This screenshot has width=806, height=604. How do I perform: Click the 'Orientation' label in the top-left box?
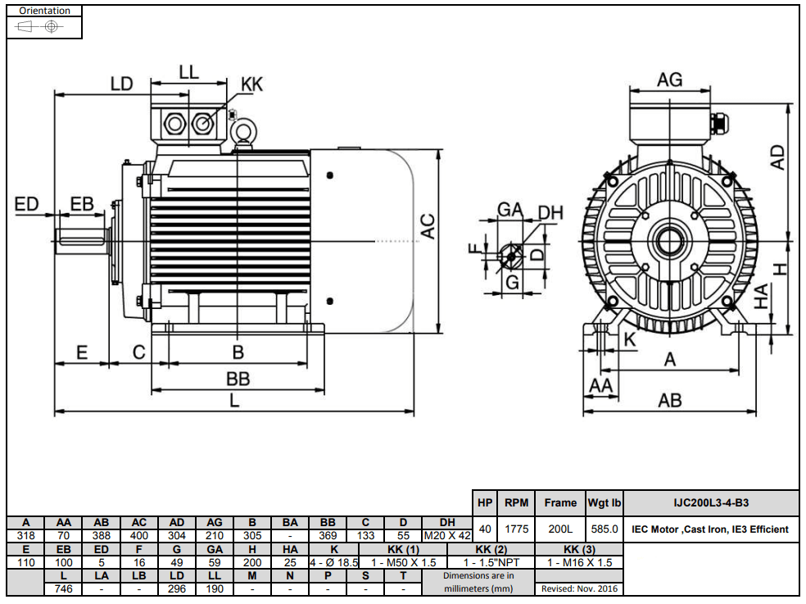coord(44,11)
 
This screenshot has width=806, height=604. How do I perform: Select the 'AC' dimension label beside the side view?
coord(428,226)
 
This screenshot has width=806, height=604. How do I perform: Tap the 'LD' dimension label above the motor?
coord(122,83)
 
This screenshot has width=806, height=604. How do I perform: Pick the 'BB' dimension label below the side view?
coord(238,379)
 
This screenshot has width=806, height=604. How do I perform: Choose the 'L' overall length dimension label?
coord(234,401)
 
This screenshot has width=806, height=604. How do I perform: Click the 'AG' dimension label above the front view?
coord(669,79)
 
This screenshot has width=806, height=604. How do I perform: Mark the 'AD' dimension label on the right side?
coord(778,157)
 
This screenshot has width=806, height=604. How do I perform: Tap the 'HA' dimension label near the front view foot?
coord(761,297)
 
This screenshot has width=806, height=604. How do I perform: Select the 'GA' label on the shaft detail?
coord(510,210)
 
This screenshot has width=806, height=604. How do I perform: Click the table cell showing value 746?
coord(64,588)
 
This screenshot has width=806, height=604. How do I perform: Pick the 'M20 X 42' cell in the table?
coord(447,535)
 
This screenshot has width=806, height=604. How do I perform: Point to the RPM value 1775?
coord(516,529)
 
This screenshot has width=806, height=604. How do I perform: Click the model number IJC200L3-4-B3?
coord(710,503)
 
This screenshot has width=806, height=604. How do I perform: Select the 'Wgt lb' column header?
coord(604,503)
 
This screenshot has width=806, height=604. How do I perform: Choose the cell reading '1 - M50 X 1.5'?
coord(404,562)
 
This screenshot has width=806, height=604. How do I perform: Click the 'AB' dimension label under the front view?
coord(669,400)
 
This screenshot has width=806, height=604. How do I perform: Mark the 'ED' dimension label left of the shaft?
coord(27,204)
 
